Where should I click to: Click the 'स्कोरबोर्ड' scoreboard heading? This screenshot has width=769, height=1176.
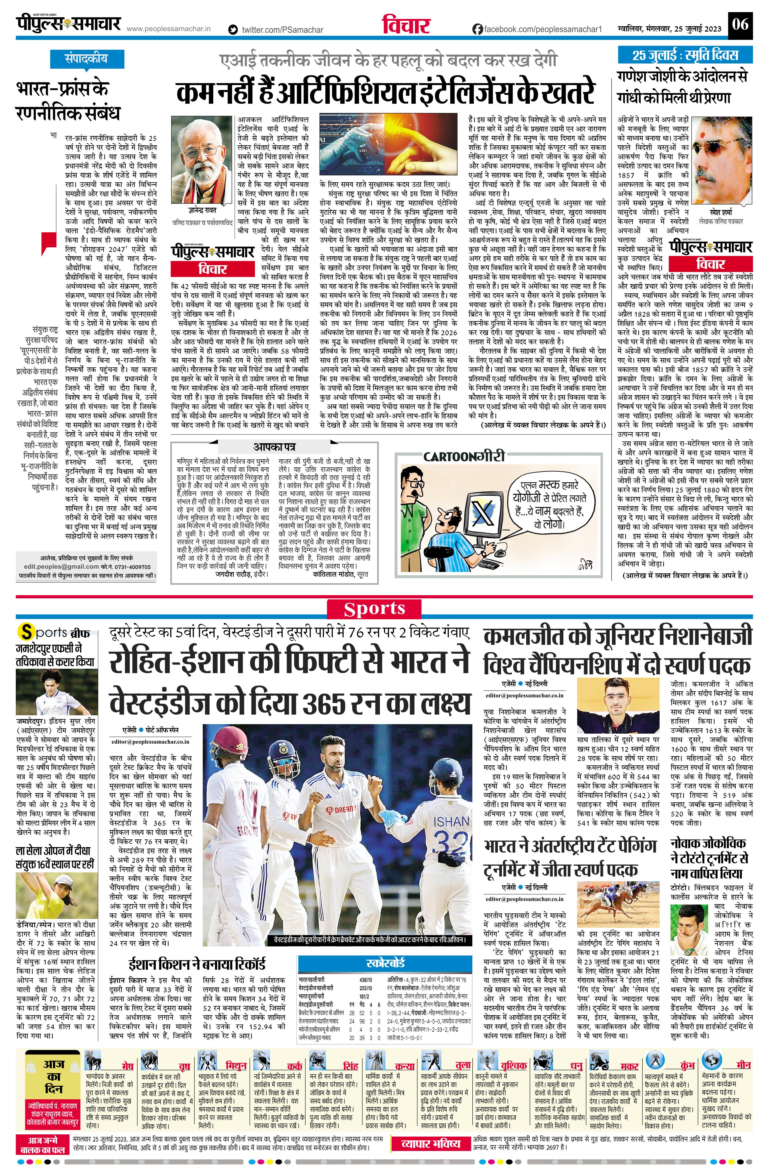(x=386, y=963)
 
